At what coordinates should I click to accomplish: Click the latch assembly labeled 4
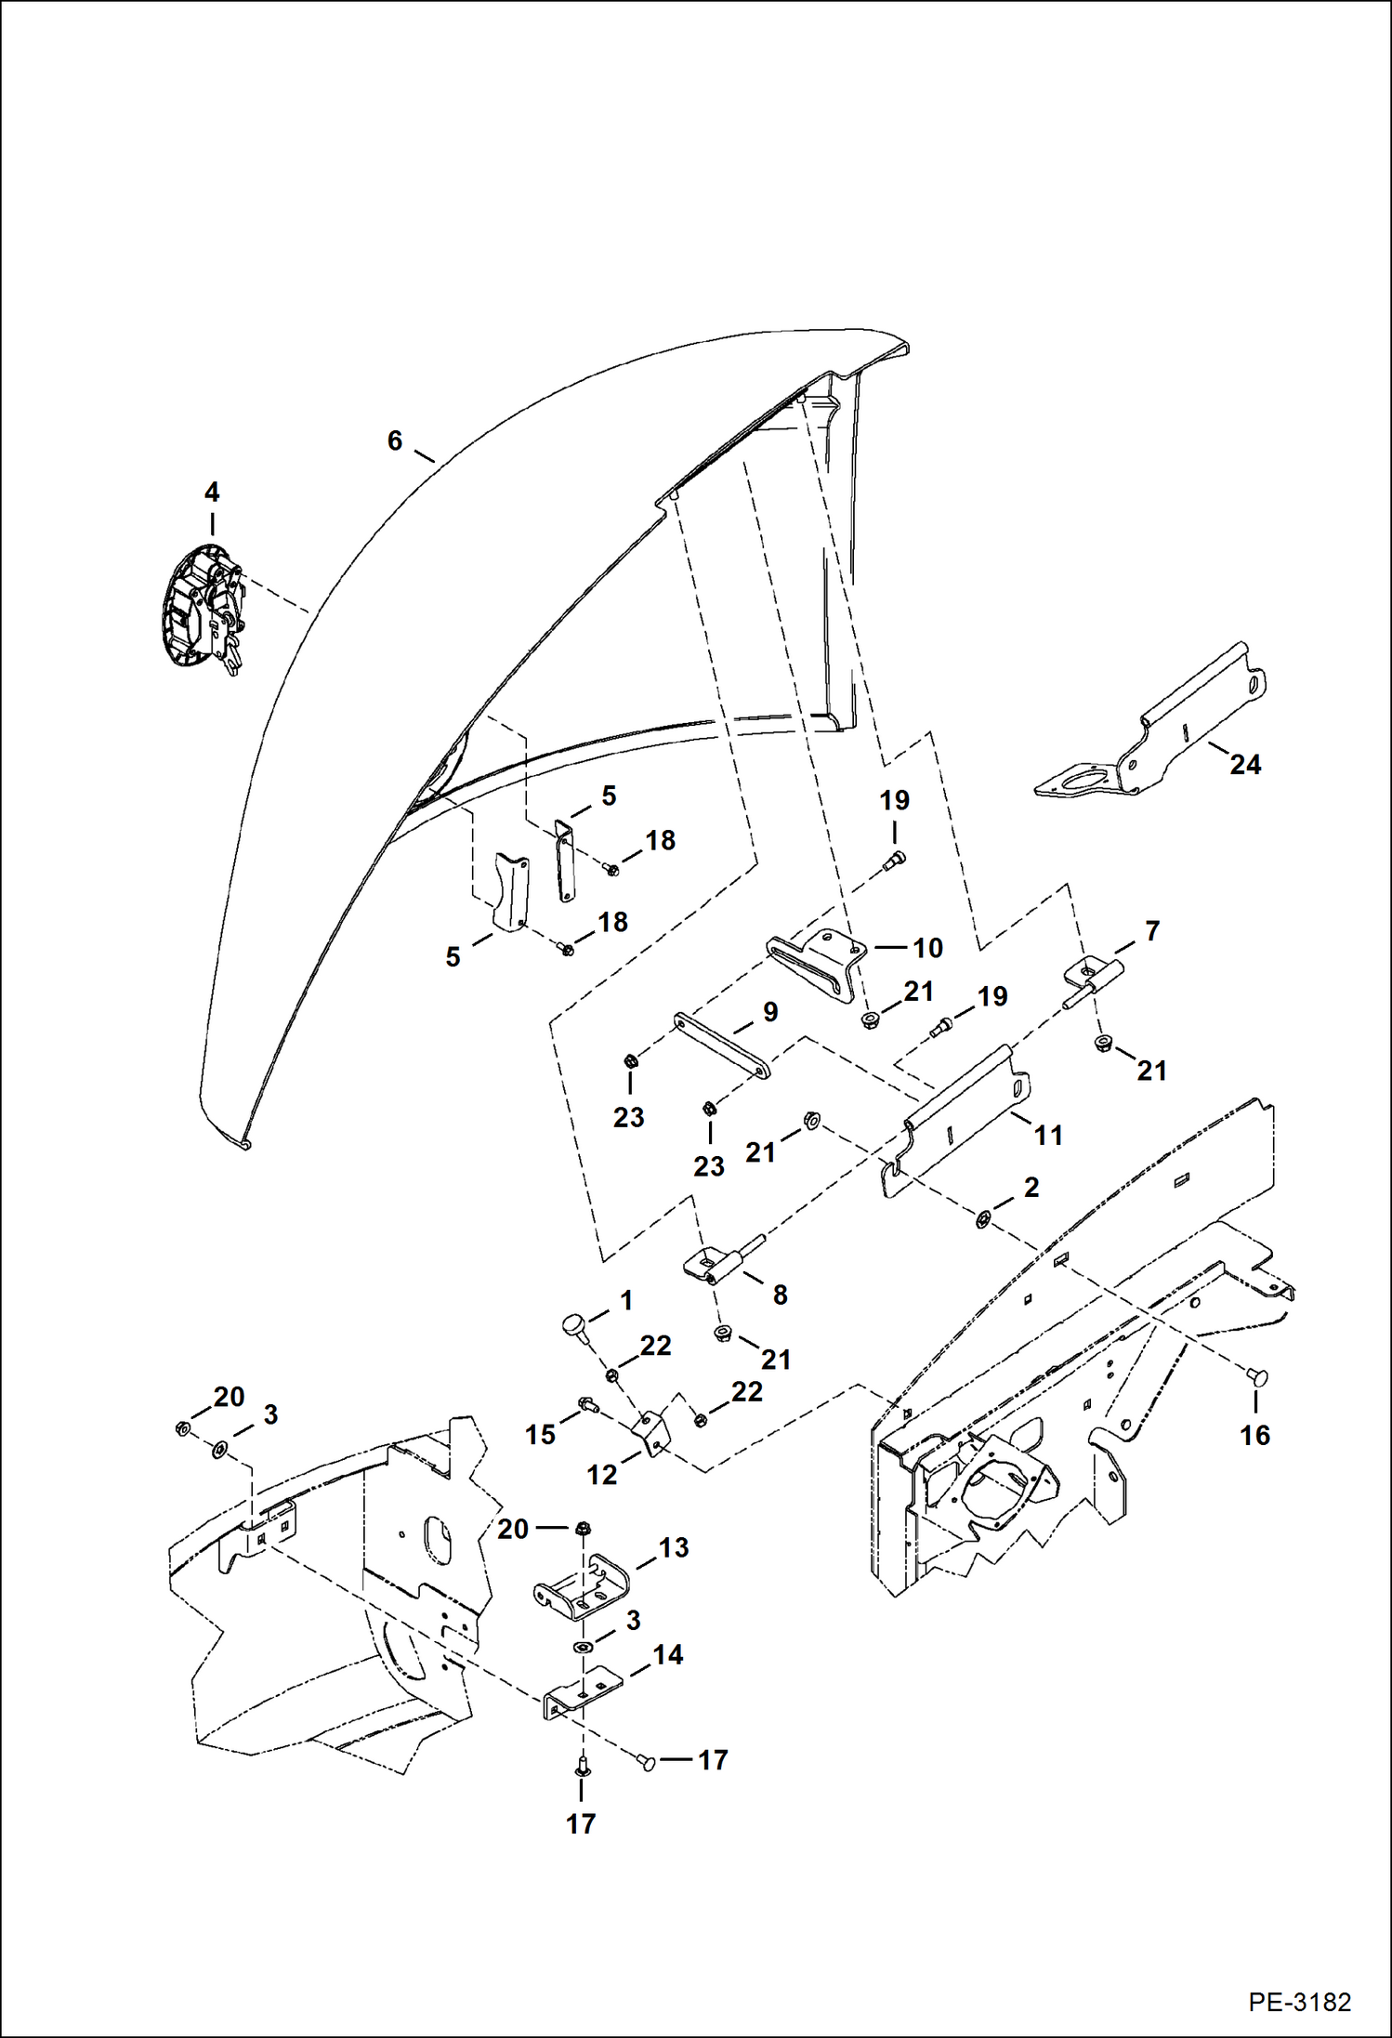point(204,606)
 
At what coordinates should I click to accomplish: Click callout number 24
point(1245,764)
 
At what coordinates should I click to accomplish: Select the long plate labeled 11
point(957,1120)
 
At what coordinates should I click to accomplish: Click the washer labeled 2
point(982,1218)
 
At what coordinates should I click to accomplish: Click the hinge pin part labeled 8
point(720,1264)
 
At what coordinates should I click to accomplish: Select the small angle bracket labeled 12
point(652,1432)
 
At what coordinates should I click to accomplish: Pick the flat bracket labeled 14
point(580,1698)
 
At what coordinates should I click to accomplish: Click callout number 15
point(539,1434)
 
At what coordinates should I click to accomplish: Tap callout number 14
point(667,1654)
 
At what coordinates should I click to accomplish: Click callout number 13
point(674,1547)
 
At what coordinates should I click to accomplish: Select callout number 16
point(1254,1435)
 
